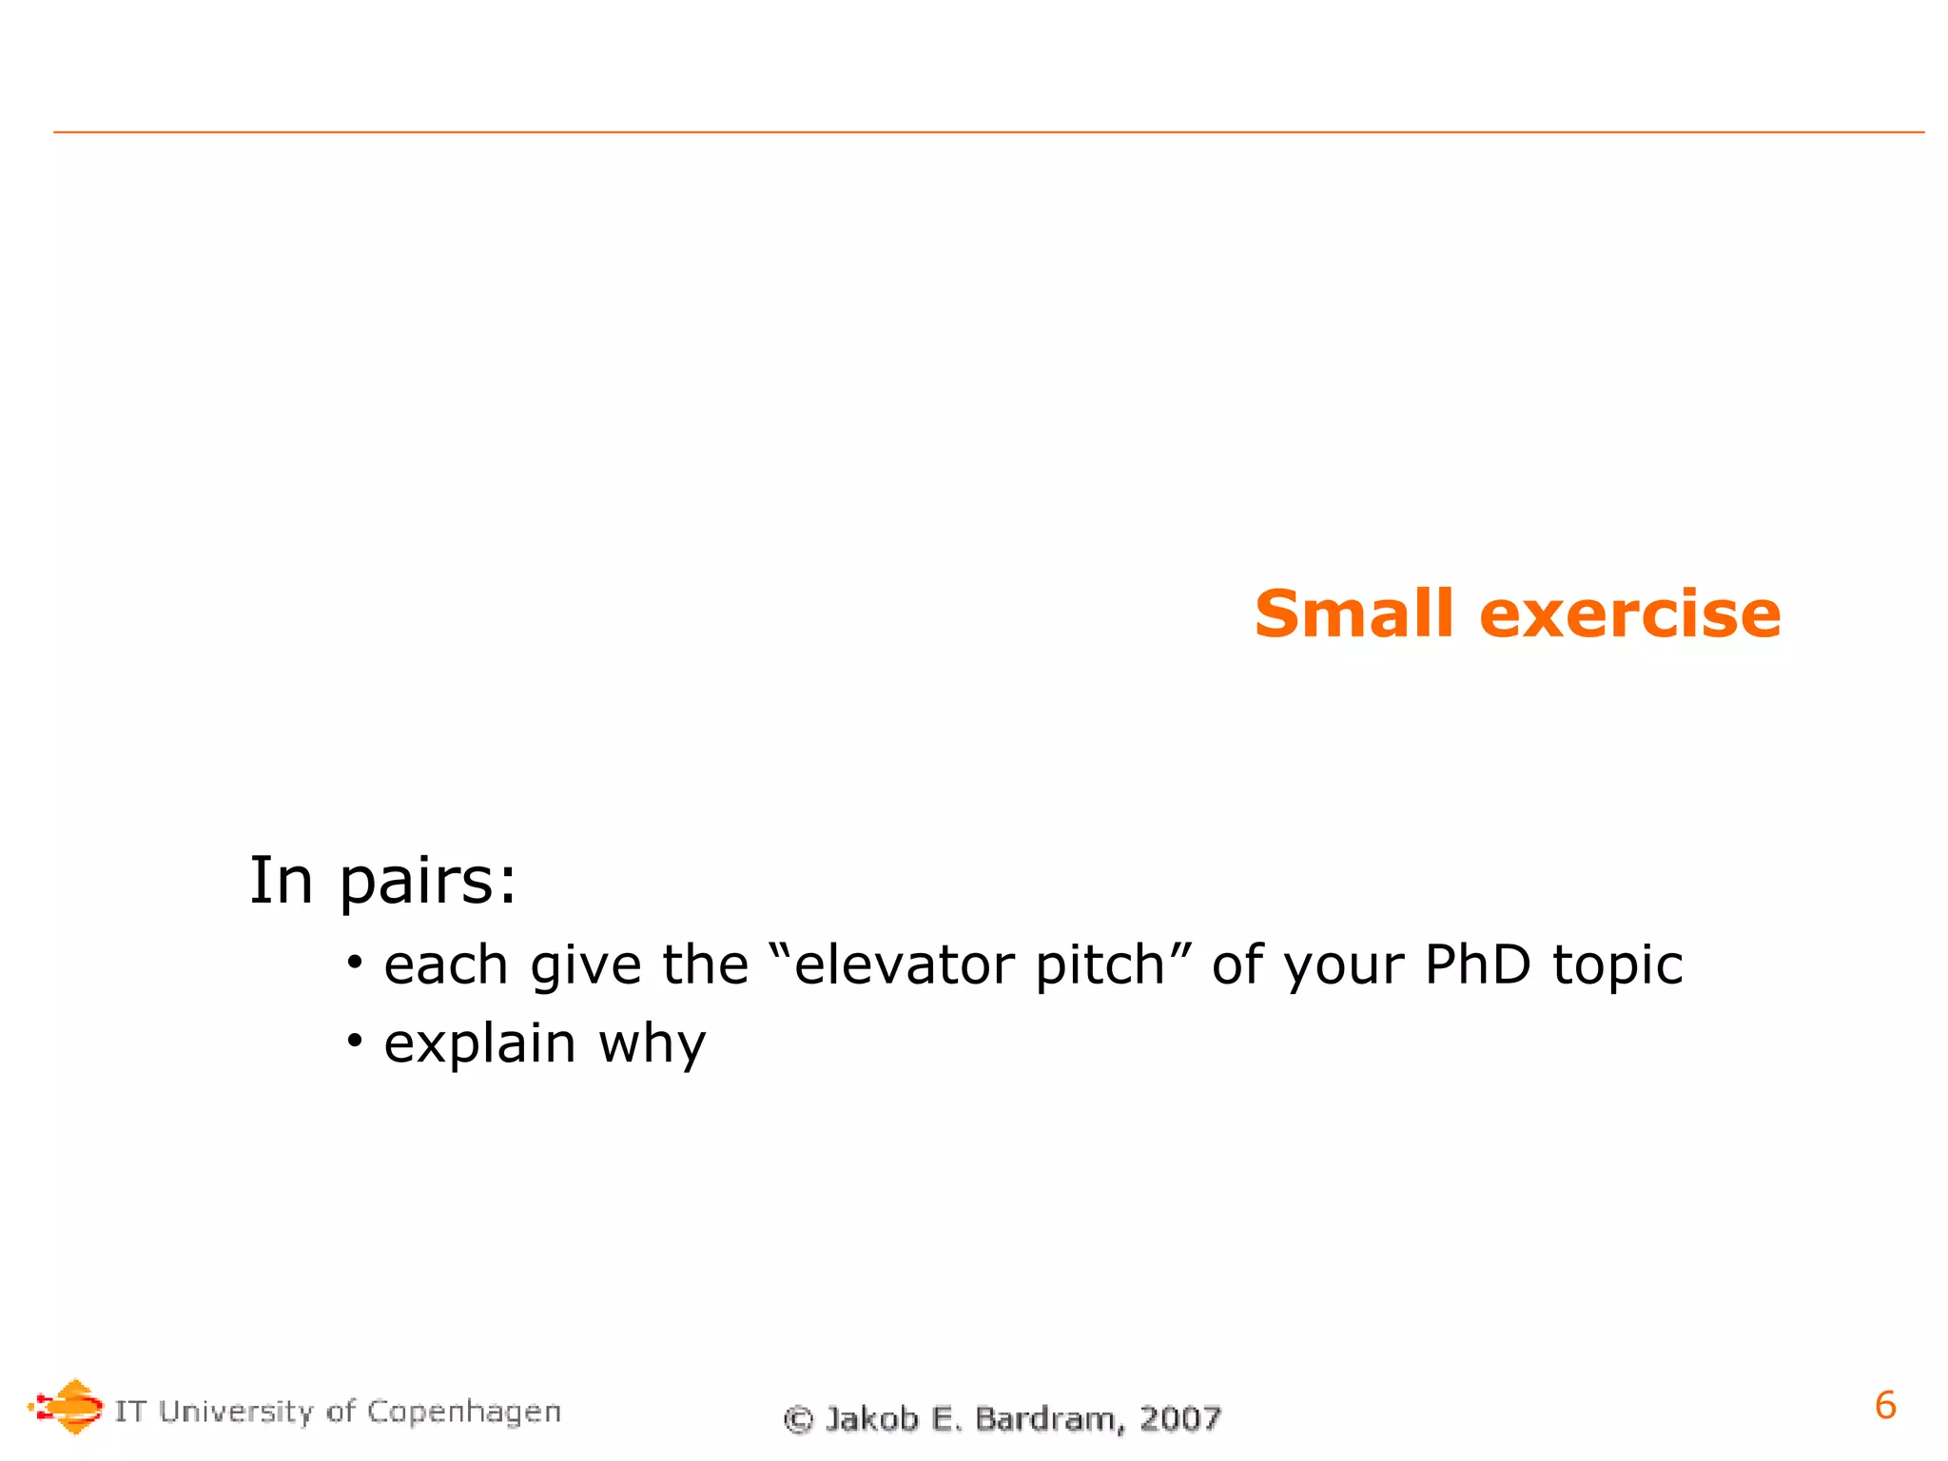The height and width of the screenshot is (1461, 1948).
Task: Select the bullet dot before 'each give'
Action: [x=355, y=964]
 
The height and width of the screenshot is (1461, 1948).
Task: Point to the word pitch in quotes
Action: [x=1101, y=966]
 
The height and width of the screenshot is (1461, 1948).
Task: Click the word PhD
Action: [x=1477, y=964]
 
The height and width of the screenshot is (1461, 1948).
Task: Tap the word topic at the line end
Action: [x=1617, y=966]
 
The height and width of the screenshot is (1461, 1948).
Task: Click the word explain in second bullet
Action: [x=479, y=1044]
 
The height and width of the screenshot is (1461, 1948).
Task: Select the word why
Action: [x=653, y=1044]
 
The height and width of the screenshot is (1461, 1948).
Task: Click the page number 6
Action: [x=1884, y=1405]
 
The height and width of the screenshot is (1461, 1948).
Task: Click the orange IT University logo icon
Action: [x=67, y=1407]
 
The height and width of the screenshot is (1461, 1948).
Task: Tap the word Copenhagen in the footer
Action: [x=464, y=1412]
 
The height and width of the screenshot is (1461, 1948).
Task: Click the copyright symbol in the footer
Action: [x=798, y=1420]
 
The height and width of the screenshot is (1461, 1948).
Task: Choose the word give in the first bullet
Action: [x=585, y=966]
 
